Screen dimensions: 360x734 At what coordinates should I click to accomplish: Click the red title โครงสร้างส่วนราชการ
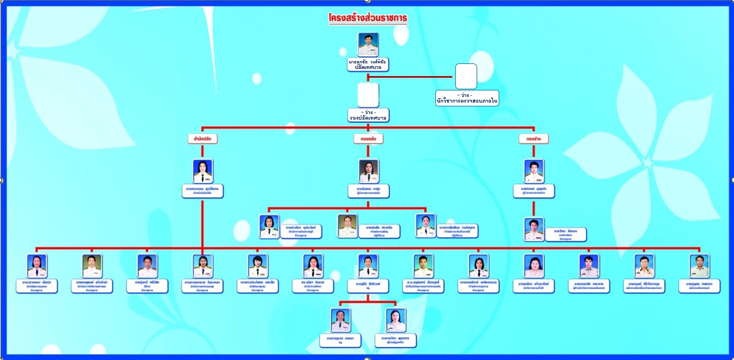click(x=368, y=18)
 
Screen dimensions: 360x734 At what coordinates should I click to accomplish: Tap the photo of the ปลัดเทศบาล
click(x=368, y=44)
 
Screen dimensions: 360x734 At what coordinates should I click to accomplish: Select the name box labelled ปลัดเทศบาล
click(x=368, y=65)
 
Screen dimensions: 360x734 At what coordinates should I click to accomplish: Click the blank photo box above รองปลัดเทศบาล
click(x=368, y=95)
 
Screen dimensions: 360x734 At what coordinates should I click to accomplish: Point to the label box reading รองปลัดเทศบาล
click(x=368, y=115)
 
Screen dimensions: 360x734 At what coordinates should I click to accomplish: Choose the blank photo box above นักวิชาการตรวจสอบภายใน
click(x=466, y=76)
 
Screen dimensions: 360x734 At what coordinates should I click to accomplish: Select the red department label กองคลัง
click(x=368, y=139)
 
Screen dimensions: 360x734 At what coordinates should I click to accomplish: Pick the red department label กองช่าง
click(x=533, y=139)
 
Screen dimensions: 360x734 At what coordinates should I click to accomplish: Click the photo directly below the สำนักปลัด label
click(x=203, y=171)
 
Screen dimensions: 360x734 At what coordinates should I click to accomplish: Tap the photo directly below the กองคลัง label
click(x=369, y=171)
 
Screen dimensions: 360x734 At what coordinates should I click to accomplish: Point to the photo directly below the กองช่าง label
click(x=534, y=171)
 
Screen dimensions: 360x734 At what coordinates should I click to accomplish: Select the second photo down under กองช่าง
click(x=534, y=229)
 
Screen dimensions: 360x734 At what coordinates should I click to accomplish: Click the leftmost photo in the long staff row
click(x=37, y=266)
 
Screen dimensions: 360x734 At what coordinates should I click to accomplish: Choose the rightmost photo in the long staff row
click(x=700, y=266)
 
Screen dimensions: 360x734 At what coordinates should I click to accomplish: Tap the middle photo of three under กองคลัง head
click(x=348, y=226)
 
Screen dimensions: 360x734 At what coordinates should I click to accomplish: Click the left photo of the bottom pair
click(x=341, y=320)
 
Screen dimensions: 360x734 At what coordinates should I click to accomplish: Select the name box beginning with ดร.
click(x=313, y=286)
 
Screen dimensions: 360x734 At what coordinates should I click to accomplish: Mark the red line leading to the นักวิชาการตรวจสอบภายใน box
click(x=411, y=77)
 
